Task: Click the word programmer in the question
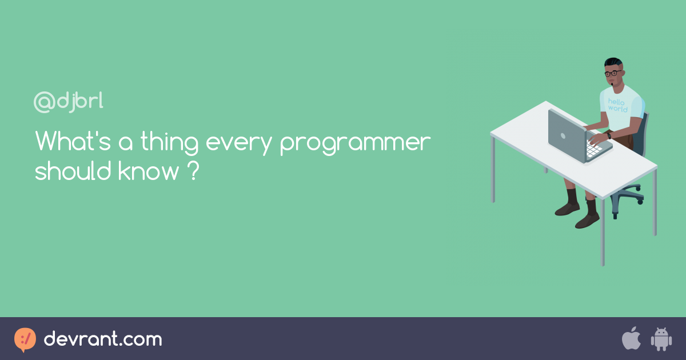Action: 355,143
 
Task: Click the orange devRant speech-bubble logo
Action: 25,339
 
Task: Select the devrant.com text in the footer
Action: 103,339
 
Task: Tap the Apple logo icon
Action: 631,339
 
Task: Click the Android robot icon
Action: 661,339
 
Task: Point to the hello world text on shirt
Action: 618,105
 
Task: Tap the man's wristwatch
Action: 609,135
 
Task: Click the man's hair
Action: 612,62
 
